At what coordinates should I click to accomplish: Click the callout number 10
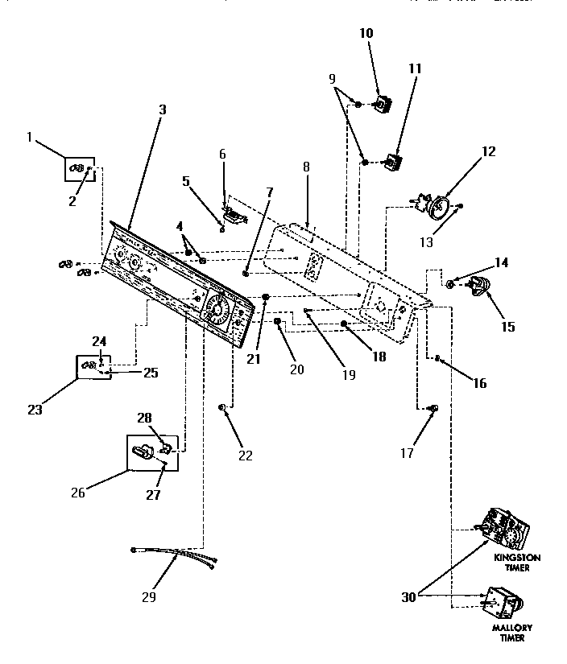point(366,33)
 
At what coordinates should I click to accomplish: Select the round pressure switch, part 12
point(440,208)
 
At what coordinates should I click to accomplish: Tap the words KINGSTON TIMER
point(518,562)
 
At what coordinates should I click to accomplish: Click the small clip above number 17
point(432,410)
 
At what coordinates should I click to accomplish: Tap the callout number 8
point(306,170)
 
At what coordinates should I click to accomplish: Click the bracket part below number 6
point(234,214)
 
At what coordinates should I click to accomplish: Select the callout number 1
point(30,138)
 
